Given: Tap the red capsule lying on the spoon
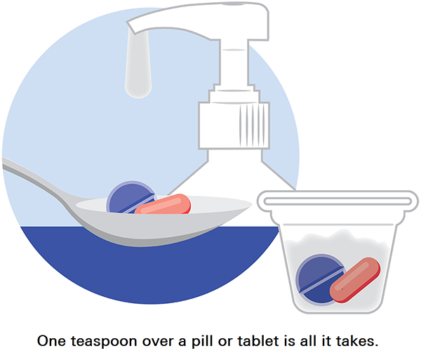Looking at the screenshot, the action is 163,205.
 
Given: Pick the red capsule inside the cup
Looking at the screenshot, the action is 355,280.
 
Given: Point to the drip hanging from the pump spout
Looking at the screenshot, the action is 138,65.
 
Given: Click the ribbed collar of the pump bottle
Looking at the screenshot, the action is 234,126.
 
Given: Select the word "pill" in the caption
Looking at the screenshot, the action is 201,342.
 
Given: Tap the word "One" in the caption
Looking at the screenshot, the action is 51,341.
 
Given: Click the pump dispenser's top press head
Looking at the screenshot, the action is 198,20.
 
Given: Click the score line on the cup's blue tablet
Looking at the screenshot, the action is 321,279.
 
